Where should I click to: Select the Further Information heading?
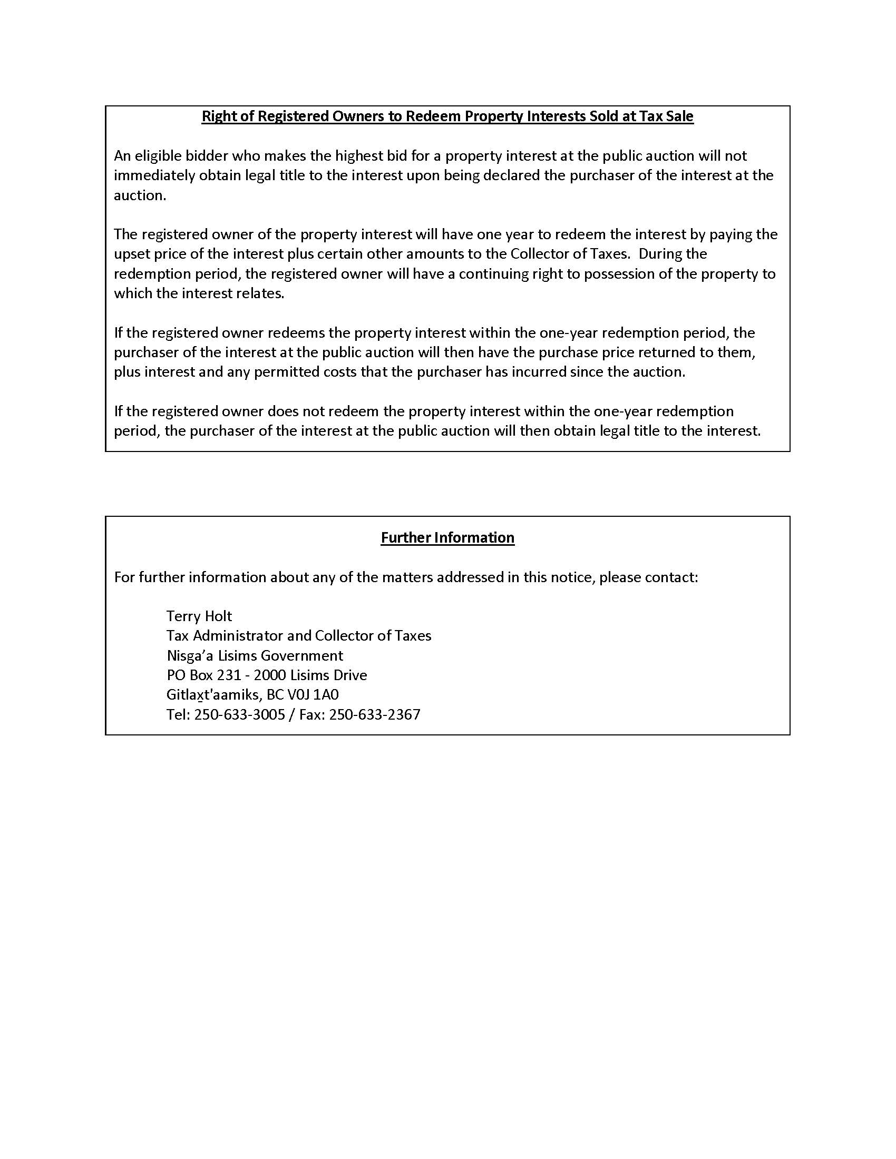click(447, 537)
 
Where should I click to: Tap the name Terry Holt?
click(199, 616)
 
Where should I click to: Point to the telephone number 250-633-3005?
click(239, 714)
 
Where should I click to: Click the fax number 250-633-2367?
click(375, 714)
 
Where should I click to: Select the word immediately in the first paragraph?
click(154, 175)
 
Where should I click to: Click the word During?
click(659, 254)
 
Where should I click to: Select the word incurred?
click(535, 372)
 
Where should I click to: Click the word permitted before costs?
click(287, 372)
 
